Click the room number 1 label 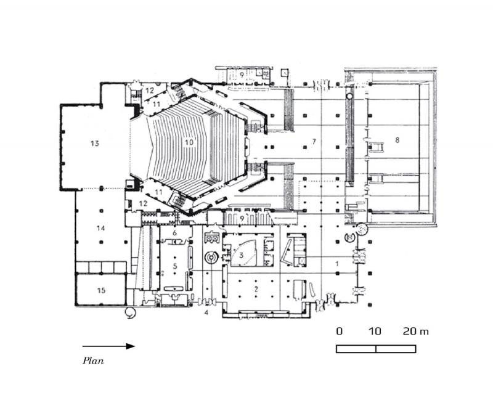pyautogui.click(x=336, y=264)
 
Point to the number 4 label pyautogui.click(x=206, y=313)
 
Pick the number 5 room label pyautogui.click(x=174, y=266)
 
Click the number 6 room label pyautogui.click(x=174, y=233)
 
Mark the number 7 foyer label pyautogui.click(x=314, y=142)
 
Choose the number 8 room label pyautogui.click(x=397, y=140)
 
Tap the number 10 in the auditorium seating pyautogui.click(x=189, y=142)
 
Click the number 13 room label pyautogui.click(x=94, y=144)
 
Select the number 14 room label pyautogui.click(x=101, y=228)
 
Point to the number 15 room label pyautogui.click(x=101, y=289)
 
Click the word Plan pyautogui.click(x=93, y=361)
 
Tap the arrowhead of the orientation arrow pyautogui.click(x=131, y=346)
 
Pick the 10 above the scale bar pyautogui.click(x=375, y=332)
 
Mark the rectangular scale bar pyautogui.click(x=376, y=349)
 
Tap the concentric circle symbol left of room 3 pyautogui.click(x=211, y=257)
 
